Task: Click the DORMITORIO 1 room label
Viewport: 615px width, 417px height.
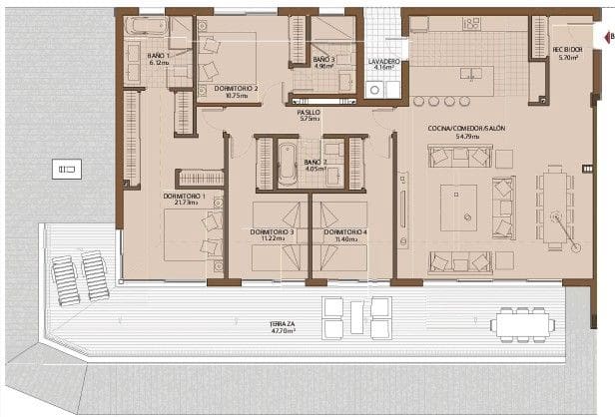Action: [184, 197]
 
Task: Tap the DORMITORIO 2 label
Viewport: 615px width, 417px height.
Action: [237, 88]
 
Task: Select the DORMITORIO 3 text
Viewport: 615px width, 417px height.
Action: [272, 232]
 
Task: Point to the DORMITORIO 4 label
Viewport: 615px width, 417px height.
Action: [345, 232]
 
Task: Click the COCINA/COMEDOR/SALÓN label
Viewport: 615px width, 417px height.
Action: [460, 130]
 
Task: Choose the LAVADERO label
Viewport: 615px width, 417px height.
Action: [384, 62]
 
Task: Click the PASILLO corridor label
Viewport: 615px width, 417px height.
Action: [307, 113]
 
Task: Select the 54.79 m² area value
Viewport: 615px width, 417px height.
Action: [458, 138]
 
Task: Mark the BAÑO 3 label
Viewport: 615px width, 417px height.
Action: [322, 61]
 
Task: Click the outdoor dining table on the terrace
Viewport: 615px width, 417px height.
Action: [518, 323]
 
